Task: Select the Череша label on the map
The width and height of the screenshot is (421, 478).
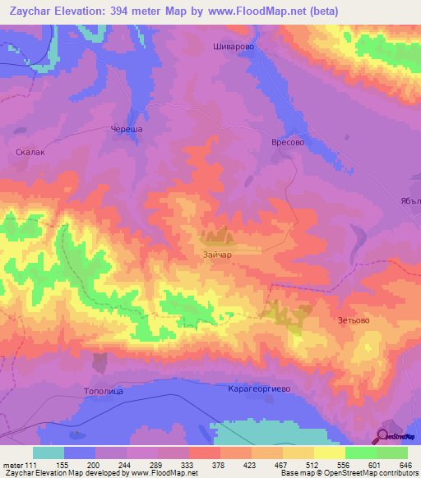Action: click(127, 130)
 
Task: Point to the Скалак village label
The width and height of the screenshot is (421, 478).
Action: click(30, 152)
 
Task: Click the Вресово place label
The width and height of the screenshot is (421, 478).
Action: click(288, 142)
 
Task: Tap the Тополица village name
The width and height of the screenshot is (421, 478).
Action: click(103, 391)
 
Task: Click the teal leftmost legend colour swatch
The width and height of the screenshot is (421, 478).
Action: click(49, 453)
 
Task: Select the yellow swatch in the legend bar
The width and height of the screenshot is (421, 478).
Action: click(330, 453)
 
